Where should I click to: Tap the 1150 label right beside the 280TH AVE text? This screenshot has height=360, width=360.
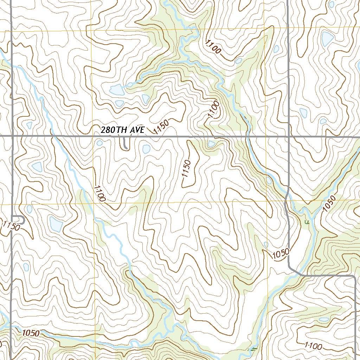161,126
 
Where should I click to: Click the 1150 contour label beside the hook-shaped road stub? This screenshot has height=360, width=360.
10,226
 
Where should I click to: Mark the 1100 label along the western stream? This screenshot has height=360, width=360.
100,193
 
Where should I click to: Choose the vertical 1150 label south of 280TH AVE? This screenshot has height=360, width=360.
186,173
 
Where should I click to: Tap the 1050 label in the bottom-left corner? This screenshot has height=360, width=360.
31,333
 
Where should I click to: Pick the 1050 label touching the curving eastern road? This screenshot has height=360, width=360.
281,253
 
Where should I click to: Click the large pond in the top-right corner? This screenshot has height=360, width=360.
327,39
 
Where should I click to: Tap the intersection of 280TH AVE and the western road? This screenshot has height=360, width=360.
12,135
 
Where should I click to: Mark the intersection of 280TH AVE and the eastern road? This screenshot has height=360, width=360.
288,136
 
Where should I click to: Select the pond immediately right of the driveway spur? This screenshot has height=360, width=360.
146,149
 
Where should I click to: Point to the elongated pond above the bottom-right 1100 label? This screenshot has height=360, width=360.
324,320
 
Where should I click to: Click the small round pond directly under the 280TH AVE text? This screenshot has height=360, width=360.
99,143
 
